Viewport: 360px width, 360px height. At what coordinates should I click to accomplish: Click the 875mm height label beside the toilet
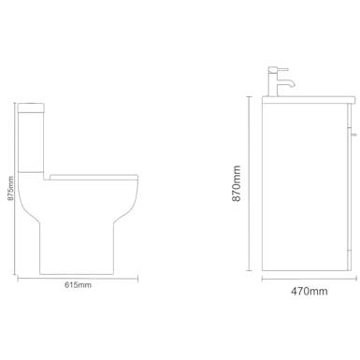click(10, 188)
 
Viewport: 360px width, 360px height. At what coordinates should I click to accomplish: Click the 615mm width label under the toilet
click(78, 284)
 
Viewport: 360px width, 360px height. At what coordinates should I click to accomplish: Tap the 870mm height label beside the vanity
click(237, 183)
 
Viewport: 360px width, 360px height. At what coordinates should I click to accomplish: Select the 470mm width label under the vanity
click(310, 291)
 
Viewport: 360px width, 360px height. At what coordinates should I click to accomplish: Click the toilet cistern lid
click(32, 107)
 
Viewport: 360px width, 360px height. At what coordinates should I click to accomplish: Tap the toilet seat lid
click(94, 177)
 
